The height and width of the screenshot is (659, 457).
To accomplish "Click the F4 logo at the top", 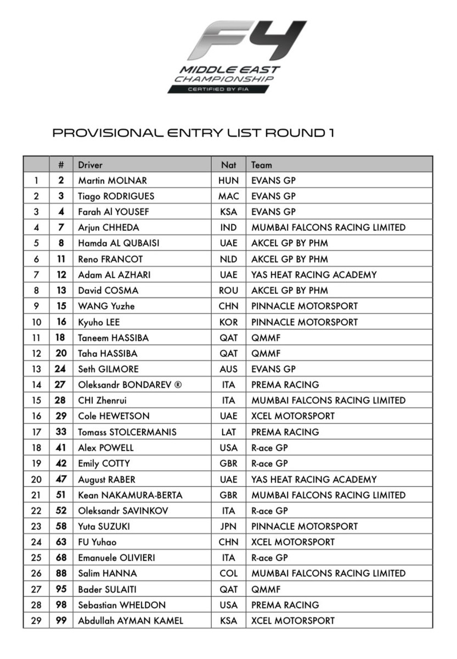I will tap(246, 41).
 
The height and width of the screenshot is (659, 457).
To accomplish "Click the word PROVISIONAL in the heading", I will tap(104, 133).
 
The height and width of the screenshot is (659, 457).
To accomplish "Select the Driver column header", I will tap(90, 165).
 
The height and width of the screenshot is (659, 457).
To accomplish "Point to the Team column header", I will tap(261, 165).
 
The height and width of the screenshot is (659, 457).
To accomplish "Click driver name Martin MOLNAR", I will tap(112, 180).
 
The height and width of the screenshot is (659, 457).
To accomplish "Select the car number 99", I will tap(61, 621).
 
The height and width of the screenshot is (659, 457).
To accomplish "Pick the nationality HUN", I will tap(228, 180).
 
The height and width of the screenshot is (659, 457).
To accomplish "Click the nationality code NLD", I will tap(228, 259).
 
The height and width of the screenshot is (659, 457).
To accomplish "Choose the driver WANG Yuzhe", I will tap(106, 306).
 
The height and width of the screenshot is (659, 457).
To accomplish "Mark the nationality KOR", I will tap(228, 322).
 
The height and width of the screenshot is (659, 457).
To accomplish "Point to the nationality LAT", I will tap(228, 432).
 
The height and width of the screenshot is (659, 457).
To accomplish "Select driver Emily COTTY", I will tap(104, 463).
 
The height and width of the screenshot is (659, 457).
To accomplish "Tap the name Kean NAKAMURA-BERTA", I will tap(130, 495).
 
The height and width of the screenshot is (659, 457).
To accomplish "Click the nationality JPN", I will tap(228, 526).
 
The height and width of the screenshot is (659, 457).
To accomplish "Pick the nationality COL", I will tap(228, 573).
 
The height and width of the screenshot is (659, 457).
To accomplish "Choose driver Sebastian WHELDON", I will tap(121, 605).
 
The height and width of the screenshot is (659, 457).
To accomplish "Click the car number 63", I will tap(61, 542).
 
